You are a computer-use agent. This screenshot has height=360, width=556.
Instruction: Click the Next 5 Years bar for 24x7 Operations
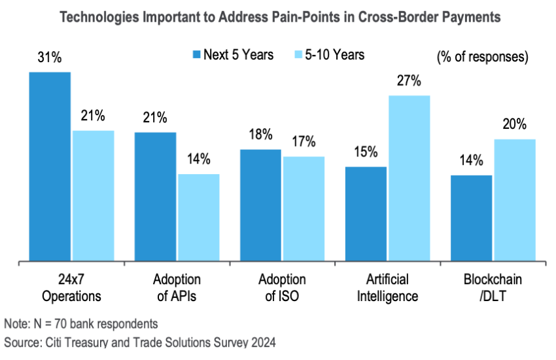50,167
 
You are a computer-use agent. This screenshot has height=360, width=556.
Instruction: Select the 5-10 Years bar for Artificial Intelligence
409,179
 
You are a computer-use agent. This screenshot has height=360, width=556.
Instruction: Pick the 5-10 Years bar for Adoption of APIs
199,218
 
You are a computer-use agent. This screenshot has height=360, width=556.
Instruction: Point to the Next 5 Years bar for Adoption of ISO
261,206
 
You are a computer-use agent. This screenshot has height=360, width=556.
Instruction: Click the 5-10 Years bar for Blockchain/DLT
515,200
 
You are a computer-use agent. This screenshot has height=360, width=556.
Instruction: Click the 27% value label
409,81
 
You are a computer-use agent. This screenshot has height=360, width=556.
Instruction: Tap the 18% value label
261,135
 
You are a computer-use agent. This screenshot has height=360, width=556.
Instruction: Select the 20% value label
515,125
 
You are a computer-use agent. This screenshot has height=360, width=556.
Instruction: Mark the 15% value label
366,152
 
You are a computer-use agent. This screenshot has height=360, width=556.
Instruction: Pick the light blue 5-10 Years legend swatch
296,55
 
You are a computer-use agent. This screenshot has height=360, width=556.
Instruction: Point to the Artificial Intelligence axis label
388,288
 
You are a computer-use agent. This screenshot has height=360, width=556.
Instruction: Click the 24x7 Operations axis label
72,288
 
